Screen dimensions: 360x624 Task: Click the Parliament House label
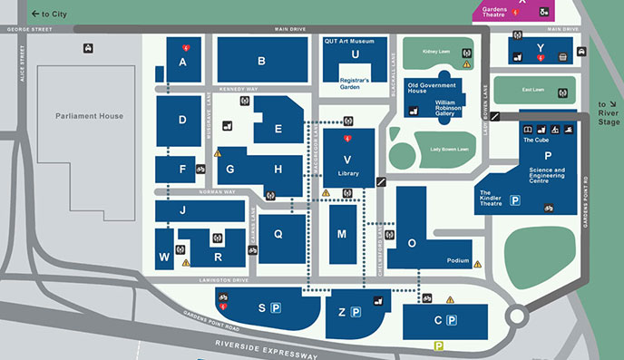[x=89, y=116]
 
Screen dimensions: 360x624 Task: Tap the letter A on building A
[x=182, y=62]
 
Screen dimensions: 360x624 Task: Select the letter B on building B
[x=260, y=62]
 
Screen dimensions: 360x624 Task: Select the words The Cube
[x=535, y=141]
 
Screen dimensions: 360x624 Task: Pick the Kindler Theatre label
[x=491, y=199]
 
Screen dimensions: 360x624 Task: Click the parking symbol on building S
[x=276, y=308]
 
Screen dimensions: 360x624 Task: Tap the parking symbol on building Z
[x=356, y=313]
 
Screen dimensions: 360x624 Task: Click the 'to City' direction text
[x=53, y=15]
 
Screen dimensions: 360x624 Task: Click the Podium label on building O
[x=458, y=261]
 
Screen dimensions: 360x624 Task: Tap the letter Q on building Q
[x=278, y=234]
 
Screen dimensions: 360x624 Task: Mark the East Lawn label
[x=533, y=91]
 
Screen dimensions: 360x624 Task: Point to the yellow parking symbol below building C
[x=438, y=345]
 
